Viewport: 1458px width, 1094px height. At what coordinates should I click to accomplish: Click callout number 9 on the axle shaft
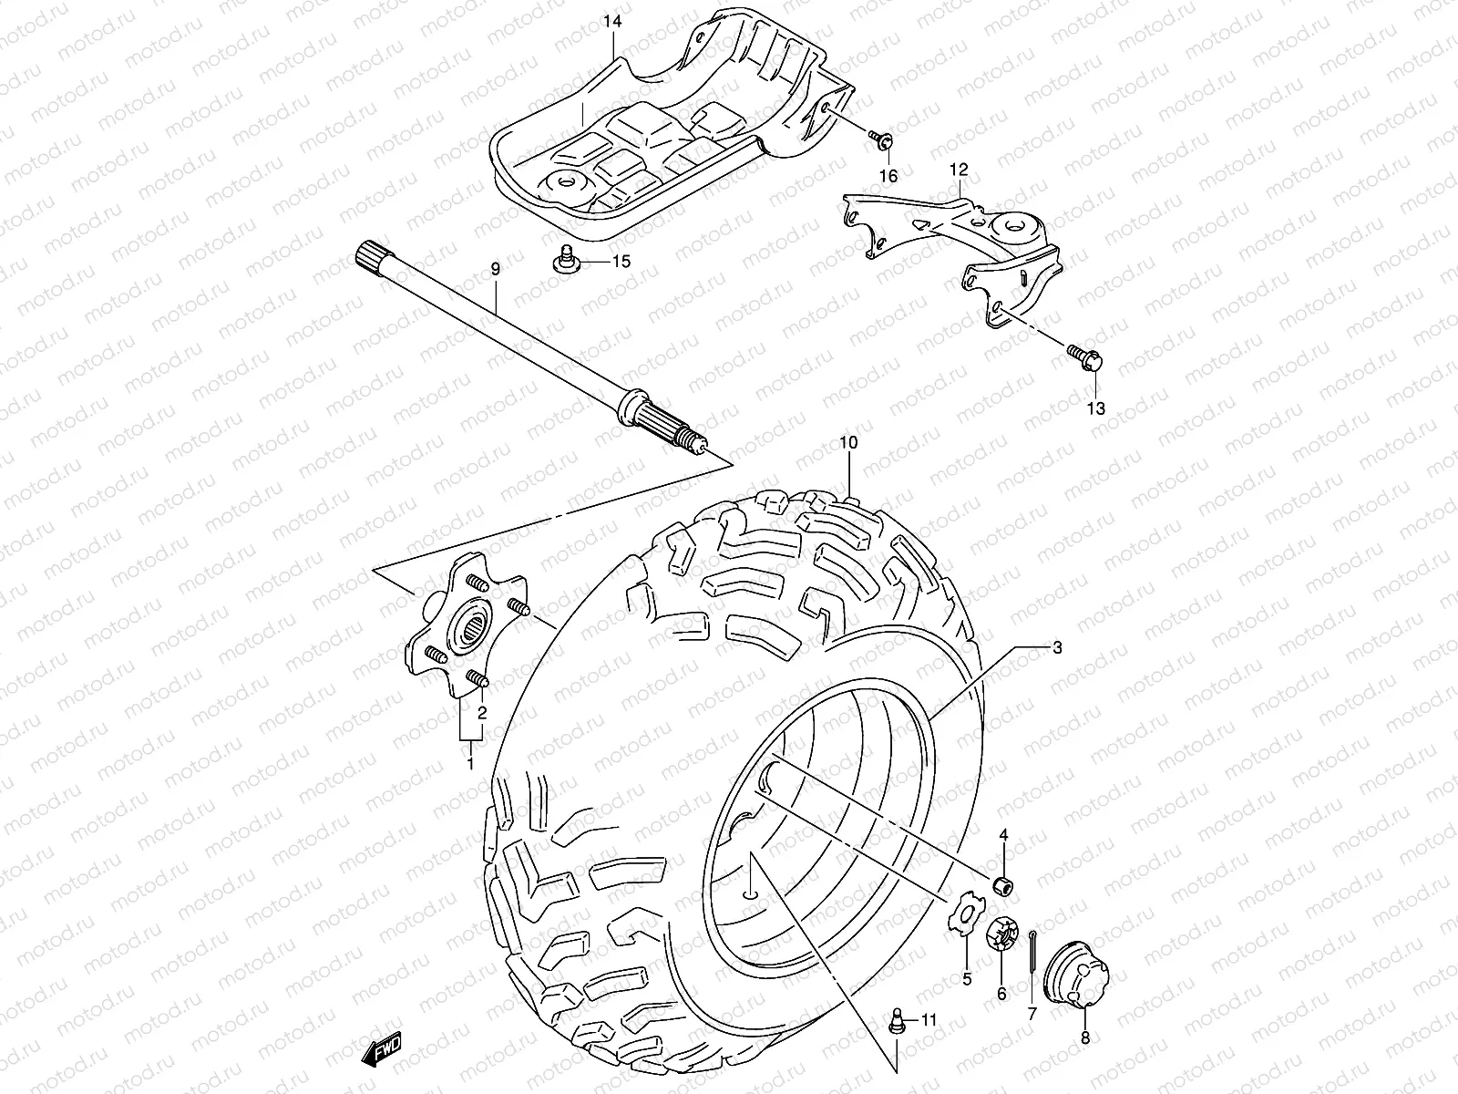point(495,270)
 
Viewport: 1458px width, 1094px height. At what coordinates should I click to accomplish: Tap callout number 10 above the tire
point(848,443)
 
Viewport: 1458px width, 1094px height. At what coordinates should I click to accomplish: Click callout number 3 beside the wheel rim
point(1056,649)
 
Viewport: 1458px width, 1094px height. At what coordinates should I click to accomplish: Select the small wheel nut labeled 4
point(1003,885)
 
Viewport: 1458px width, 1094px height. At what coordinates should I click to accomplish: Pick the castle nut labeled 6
point(1002,936)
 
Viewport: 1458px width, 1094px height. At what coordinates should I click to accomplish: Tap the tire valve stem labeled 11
point(897,1020)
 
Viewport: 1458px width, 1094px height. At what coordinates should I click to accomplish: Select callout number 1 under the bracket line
point(471,763)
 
